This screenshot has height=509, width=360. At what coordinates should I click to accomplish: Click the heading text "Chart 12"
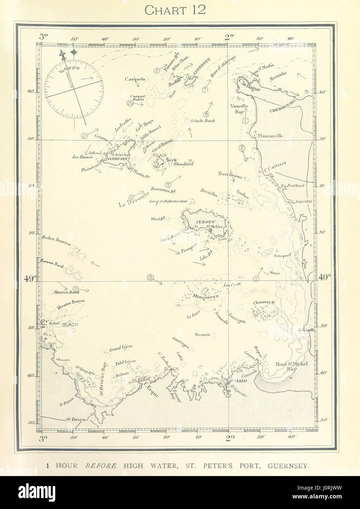pyautogui.click(x=175, y=10)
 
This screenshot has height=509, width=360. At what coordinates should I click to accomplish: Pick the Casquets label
pyautogui.click(x=135, y=79)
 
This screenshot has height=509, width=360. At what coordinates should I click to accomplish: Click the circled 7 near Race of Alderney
pyautogui.click(x=205, y=90)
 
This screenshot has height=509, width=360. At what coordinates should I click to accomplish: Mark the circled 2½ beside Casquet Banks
pyautogui.click(x=130, y=103)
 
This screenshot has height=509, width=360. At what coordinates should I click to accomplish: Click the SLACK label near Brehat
pyautogui.click(x=70, y=324)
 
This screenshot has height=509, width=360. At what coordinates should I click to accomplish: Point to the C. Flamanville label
pyautogui.click(x=269, y=135)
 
